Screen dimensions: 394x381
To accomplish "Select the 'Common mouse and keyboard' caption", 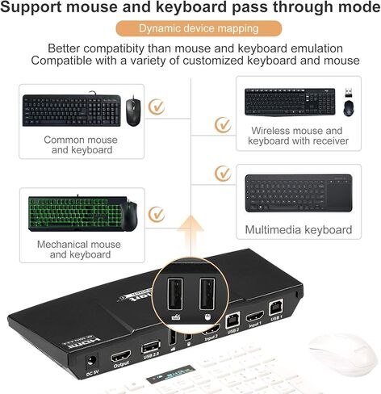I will click(80, 145).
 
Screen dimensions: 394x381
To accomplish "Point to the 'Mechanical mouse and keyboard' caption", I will click(79, 249).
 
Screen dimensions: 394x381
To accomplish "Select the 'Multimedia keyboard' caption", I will click(299, 230).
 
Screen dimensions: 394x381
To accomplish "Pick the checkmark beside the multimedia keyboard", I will click(224, 174).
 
